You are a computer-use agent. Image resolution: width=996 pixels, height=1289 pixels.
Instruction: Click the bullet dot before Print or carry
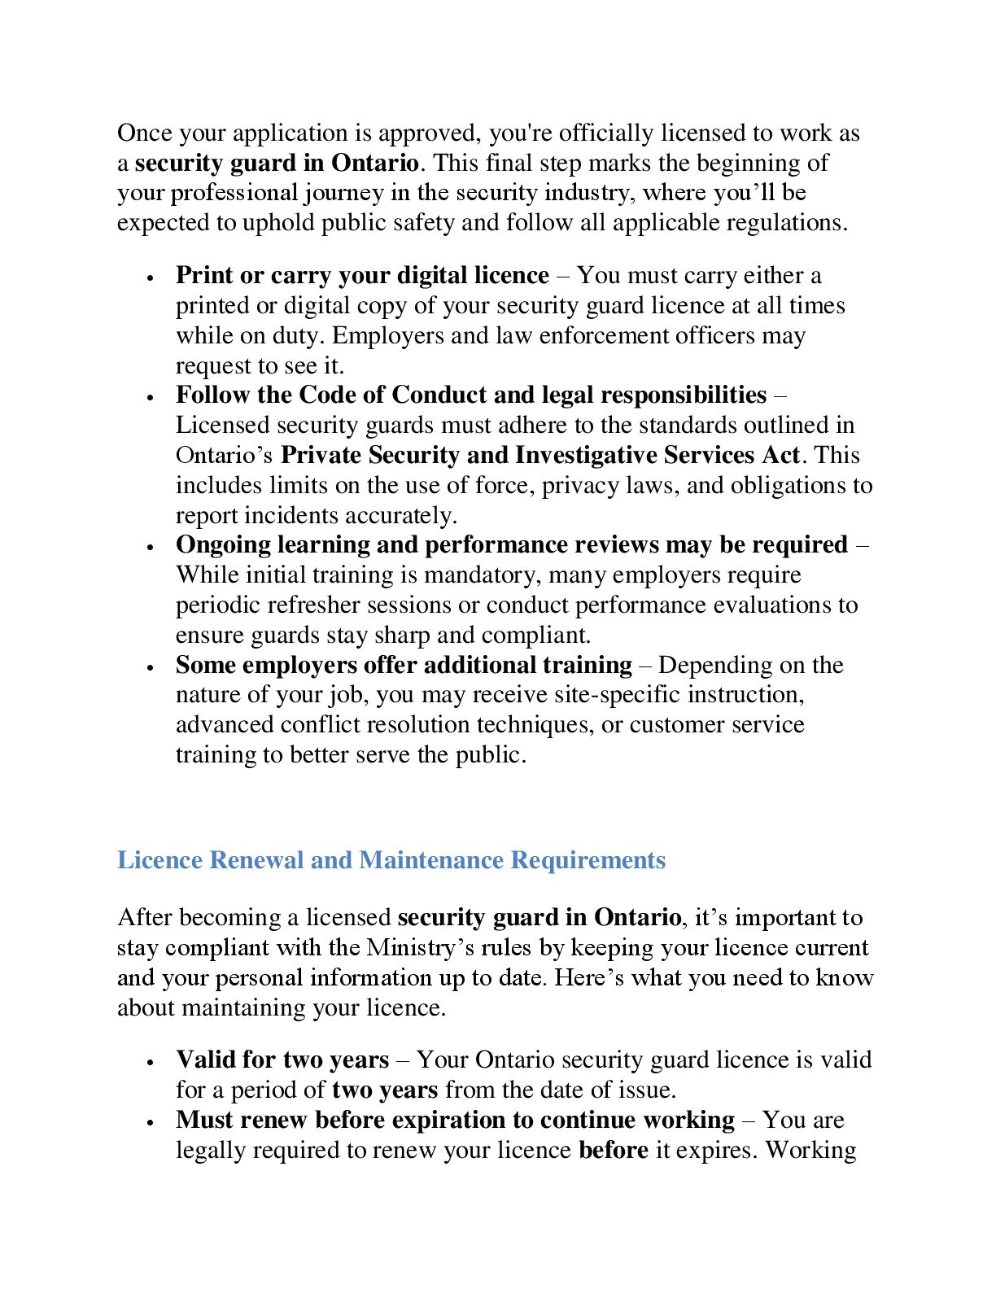(x=151, y=277)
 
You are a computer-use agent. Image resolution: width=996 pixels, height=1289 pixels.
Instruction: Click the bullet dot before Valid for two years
(x=151, y=1062)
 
